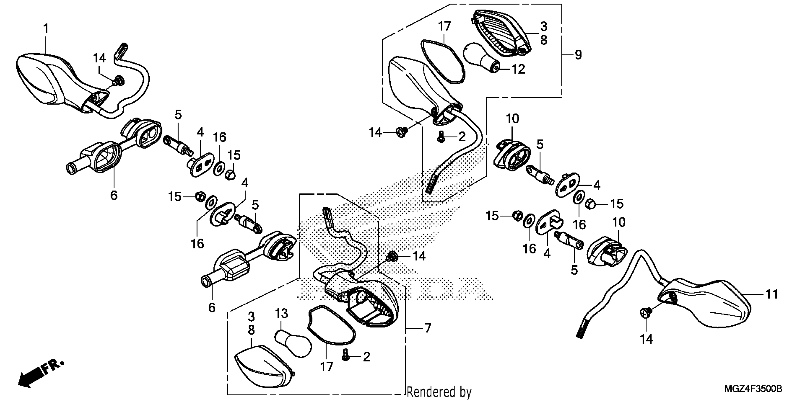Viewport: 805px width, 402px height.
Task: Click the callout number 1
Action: [46, 29]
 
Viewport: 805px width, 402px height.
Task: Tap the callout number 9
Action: [578, 55]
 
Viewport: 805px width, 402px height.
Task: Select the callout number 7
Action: [428, 328]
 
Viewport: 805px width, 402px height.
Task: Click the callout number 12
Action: [518, 69]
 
